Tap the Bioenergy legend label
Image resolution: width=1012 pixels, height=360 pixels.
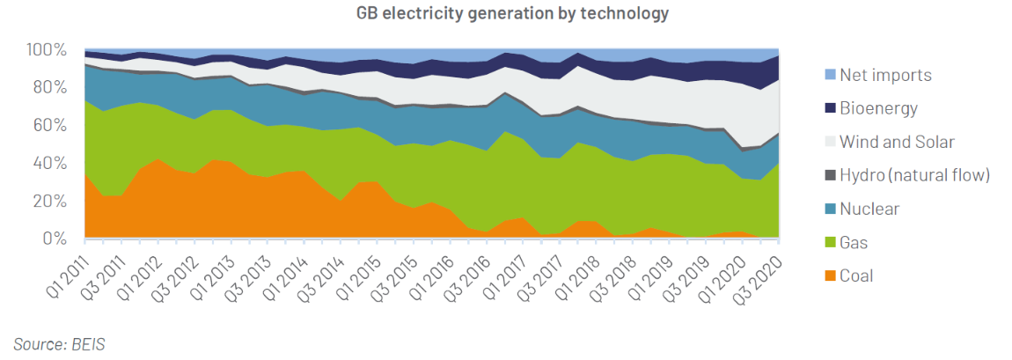click(878, 108)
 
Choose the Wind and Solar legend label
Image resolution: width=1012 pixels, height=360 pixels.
click(897, 142)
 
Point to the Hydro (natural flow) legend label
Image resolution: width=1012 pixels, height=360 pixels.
click(915, 175)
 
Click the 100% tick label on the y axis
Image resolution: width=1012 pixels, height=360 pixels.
click(46, 49)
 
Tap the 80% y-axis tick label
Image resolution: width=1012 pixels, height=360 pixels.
click(49, 87)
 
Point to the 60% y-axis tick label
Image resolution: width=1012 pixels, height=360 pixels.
click(49, 125)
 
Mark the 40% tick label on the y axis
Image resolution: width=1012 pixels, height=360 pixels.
click(49, 163)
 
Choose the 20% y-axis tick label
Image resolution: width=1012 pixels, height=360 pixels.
click(49, 201)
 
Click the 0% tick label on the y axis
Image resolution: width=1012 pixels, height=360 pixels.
click(54, 239)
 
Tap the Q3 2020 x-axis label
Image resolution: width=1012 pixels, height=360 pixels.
click(759, 270)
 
